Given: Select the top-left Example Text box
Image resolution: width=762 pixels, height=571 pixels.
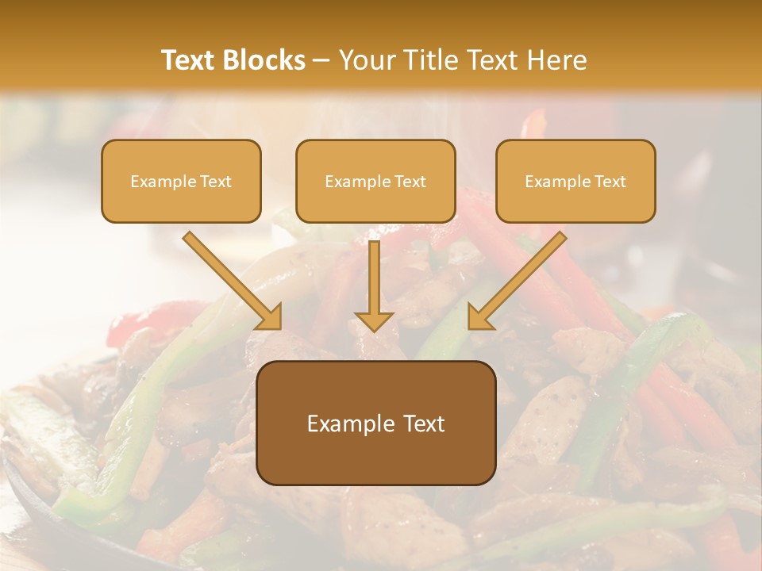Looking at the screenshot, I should tap(181, 182).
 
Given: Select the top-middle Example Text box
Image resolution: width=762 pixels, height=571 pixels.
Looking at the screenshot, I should tap(375, 182).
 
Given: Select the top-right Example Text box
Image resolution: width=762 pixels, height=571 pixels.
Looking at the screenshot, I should tap(575, 182).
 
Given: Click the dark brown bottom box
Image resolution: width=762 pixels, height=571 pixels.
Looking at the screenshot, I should tap(375, 423).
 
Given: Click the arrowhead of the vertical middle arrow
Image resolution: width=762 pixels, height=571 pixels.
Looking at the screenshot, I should tap(374, 320).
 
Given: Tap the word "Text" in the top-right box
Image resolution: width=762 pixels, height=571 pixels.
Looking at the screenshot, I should tap(610, 182).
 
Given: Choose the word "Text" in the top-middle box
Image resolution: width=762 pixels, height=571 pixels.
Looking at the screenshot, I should tap(410, 182).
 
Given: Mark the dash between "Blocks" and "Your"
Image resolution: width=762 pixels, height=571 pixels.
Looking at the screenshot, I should tap(322, 61).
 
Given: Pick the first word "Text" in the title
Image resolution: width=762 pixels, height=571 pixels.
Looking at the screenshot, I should tap(190, 60).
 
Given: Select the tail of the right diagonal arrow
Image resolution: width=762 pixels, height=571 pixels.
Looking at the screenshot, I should tap(561, 236).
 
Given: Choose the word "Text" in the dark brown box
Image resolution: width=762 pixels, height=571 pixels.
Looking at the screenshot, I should tap(425, 423).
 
